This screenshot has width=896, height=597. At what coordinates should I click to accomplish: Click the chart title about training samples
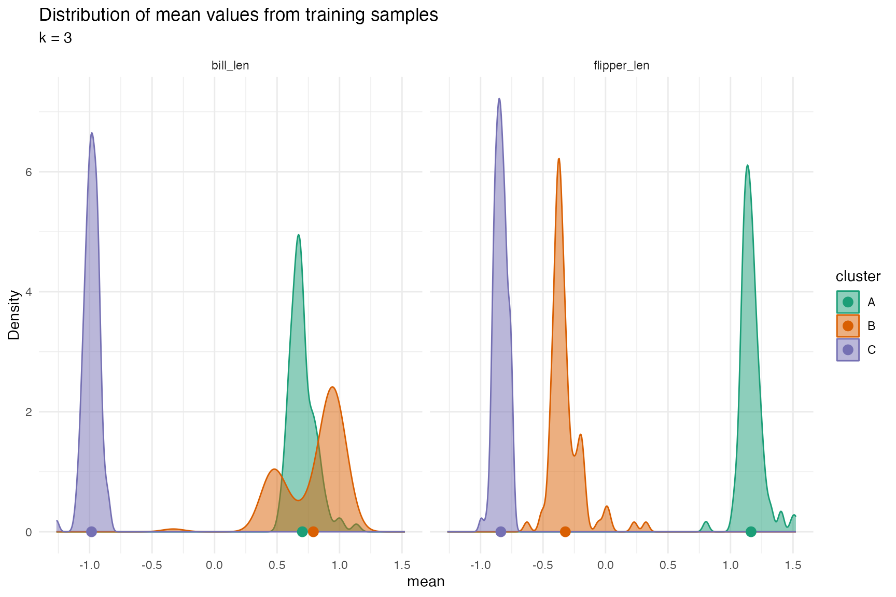point(239,16)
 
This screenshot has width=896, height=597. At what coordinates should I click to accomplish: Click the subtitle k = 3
point(55,38)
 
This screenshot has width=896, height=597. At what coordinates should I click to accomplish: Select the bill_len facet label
point(230,66)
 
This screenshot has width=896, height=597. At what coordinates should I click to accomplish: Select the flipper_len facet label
point(621,66)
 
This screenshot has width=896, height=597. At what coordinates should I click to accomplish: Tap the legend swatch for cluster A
point(848,302)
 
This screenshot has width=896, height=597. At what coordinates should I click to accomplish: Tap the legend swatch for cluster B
point(848,326)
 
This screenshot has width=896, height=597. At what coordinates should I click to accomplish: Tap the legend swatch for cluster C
point(848,350)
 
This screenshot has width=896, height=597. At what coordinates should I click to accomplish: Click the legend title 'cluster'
point(858,276)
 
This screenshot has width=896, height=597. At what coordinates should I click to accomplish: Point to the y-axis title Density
point(14,315)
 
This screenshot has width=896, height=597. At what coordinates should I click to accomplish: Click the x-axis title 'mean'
point(426,582)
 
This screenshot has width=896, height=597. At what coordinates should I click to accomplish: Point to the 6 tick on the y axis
point(29,172)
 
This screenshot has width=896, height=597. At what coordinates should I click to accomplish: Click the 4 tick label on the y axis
point(29,292)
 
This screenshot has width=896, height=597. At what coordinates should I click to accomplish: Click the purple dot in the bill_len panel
point(91,532)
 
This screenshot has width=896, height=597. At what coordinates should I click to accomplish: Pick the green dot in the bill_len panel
point(302,532)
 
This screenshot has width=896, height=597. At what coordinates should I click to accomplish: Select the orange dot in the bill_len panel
point(313,532)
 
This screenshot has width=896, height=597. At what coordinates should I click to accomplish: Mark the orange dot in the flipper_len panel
point(565,532)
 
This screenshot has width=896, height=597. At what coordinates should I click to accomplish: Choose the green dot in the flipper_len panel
point(751,532)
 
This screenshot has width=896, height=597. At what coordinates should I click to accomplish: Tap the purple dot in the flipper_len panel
point(500,532)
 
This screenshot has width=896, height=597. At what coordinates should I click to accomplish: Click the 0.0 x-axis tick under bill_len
point(214,565)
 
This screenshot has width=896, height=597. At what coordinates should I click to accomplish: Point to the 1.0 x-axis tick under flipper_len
point(731,565)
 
